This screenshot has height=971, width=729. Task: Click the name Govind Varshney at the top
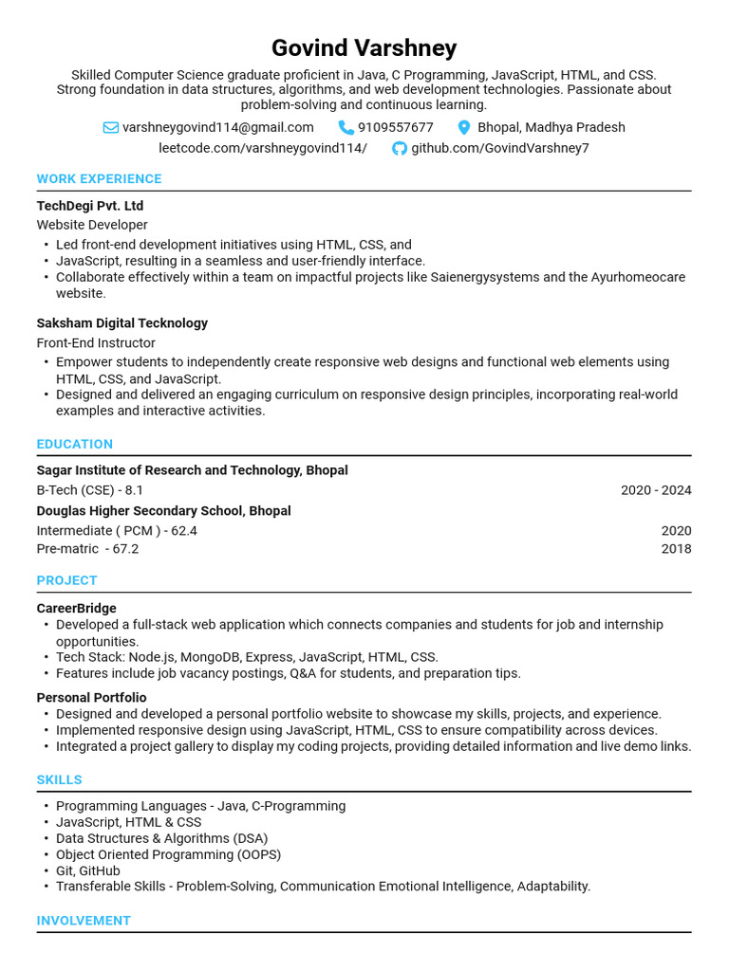[364, 47]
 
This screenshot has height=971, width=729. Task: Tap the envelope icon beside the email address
[111, 127]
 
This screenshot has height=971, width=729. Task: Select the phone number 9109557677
[395, 127]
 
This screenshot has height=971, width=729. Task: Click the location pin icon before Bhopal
[464, 127]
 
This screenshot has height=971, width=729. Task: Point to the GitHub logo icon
[400, 148]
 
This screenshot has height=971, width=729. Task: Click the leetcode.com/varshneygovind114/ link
[262, 148]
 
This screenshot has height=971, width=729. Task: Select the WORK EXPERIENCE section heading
[99, 178]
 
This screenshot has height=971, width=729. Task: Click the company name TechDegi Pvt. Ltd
[90, 206]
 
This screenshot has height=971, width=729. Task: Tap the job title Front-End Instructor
[96, 342]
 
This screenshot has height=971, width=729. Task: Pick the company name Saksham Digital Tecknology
[121, 323]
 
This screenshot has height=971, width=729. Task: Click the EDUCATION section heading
[74, 444]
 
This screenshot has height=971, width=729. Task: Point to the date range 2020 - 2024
[656, 490]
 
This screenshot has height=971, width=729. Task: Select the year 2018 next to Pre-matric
[676, 549]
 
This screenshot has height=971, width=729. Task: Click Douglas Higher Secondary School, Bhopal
[163, 511]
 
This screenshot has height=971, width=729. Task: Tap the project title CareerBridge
[76, 608]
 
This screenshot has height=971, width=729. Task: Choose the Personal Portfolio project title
[91, 698]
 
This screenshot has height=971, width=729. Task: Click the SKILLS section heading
[59, 779]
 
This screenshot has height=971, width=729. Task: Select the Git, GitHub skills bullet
[88, 870]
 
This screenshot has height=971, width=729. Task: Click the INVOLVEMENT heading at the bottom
[84, 920]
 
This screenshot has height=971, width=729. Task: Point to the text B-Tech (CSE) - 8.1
[89, 490]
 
